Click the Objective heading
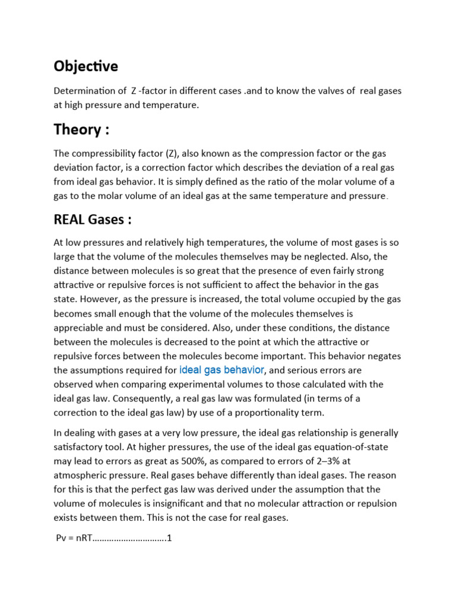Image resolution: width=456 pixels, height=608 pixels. click(86, 65)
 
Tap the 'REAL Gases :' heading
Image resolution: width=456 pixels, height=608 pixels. click(92, 220)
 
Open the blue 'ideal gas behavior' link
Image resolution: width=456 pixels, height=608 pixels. click(221, 370)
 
